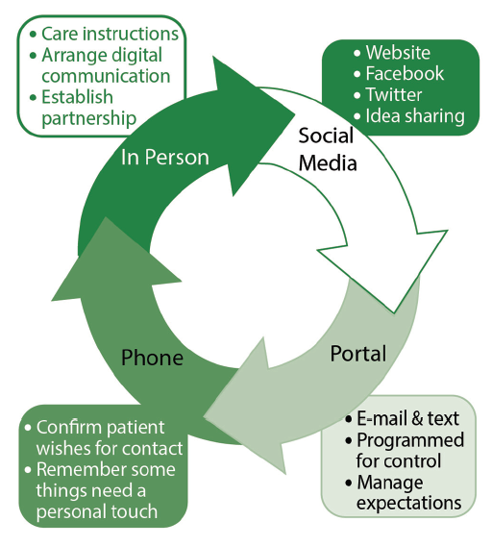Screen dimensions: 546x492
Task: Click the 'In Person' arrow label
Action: [x=164, y=158]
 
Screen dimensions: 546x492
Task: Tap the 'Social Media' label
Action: [x=327, y=149]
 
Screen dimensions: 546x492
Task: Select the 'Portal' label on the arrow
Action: [x=357, y=354]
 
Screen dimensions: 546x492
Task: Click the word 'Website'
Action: [x=397, y=53]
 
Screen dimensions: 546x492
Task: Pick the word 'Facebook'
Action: [x=404, y=74]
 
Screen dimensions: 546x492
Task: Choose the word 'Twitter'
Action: [x=393, y=95]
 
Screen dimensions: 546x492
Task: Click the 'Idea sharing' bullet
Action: [x=413, y=116]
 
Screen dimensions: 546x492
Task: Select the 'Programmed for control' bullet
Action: [x=407, y=451]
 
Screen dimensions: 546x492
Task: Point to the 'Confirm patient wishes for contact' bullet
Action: [x=101, y=437]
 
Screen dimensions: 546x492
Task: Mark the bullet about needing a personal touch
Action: [x=101, y=490]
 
